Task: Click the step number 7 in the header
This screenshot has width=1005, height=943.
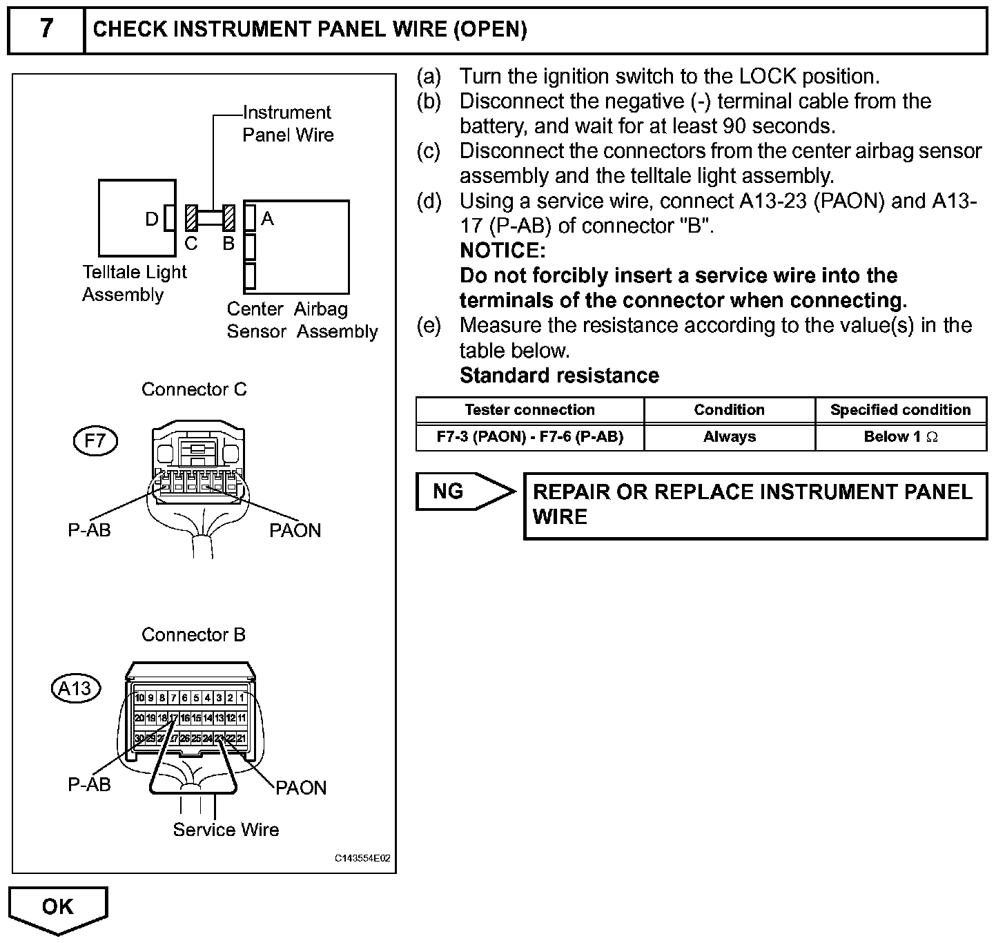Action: (46, 30)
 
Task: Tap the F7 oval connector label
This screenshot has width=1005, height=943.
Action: (95, 440)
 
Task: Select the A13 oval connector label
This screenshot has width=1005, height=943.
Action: (75, 688)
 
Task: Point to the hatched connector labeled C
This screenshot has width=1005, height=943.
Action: (191, 218)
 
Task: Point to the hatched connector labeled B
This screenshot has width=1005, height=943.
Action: (229, 218)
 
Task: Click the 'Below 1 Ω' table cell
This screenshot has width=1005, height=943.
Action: (900, 437)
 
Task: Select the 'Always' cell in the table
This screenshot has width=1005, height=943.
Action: (729, 437)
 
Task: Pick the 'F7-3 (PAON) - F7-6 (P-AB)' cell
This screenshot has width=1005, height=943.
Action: (529, 437)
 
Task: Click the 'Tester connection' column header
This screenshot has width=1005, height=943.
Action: (529, 410)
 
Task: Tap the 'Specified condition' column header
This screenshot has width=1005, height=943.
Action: (900, 410)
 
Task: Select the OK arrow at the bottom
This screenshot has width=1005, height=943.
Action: (58, 908)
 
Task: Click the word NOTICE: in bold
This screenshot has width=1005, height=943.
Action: (502, 250)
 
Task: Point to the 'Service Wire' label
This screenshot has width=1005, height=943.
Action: (226, 830)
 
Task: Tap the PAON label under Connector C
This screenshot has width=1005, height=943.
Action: (295, 530)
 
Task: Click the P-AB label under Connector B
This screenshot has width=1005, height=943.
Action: (89, 784)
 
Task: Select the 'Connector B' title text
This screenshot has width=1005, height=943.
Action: (193, 634)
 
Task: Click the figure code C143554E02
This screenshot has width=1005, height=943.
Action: (362, 859)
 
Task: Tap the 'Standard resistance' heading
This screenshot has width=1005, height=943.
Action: (559, 376)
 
